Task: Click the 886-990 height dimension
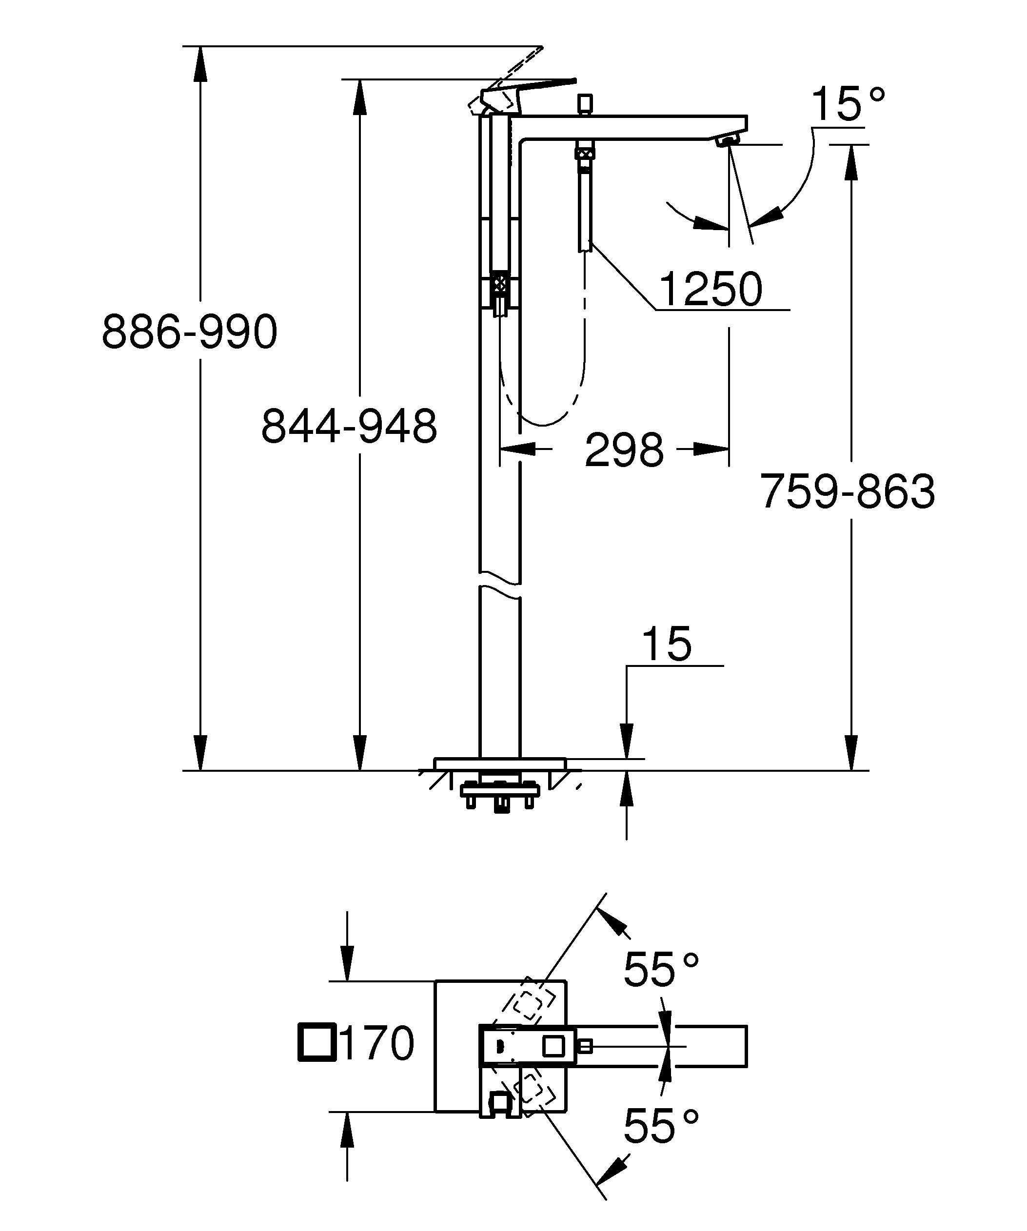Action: (x=189, y=332)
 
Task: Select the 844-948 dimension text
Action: (x=349, y=426)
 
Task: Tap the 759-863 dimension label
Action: (x=847, y=491)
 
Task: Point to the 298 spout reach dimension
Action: (x=624, y=450)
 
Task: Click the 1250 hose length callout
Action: (x=711, y=289)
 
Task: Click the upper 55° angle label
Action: (x=661, y=970)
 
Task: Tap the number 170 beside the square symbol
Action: (x=376, y=1043)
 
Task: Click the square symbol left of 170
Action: (x=317, y=1043)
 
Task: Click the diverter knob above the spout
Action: (x=584, y=103)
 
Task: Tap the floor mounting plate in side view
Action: (x=499, y=763)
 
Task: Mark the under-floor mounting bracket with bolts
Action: (x=499, y=793)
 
